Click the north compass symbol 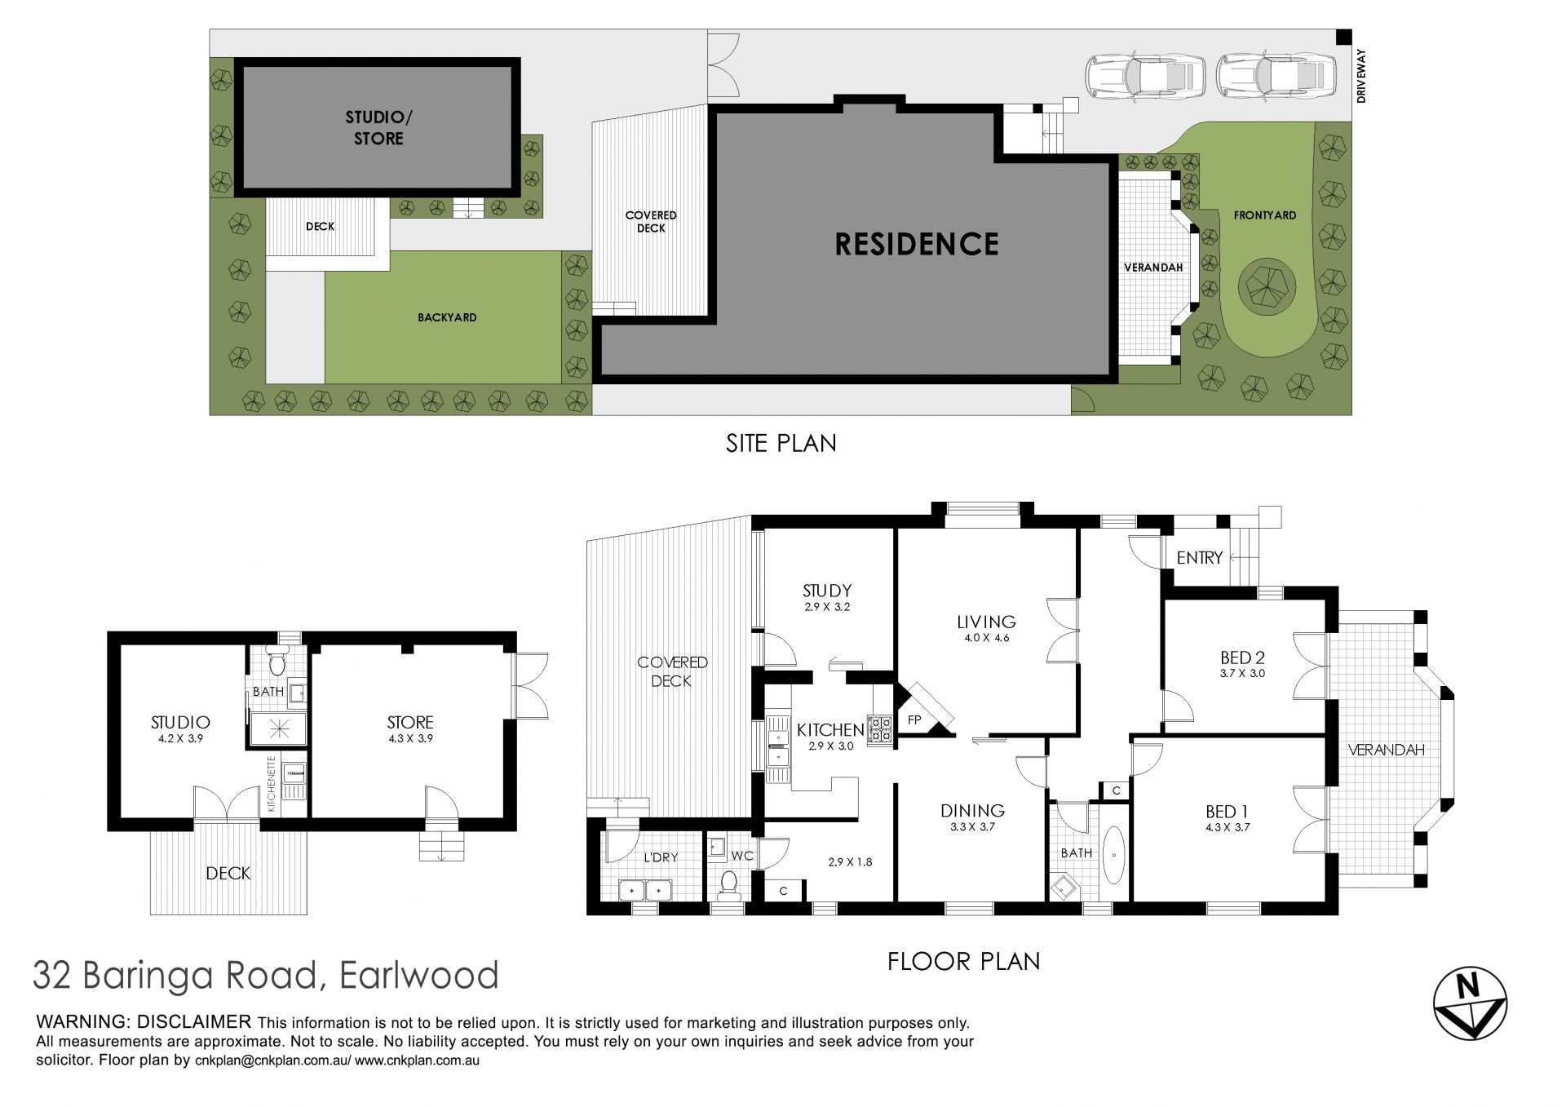tap(1470, 1003)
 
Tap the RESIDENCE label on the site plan tap(917, 244)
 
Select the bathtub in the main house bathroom tap(1113, 855)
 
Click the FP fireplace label tap(914, 720)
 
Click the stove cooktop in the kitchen tap(879, 729)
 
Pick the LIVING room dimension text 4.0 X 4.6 tap(986, 638)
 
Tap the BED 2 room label tap(1242, 658)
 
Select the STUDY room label tap(827, 591)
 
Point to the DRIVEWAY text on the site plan tap(1360, 76)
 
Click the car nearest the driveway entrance tap(1276, 76)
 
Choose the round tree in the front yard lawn tap(1267, 286)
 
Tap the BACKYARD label tap(447, 317)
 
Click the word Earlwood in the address tap(418, 975)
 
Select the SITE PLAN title tap(781, 443)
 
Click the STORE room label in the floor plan tap(410, 723)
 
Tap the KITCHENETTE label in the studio tap(272, 784)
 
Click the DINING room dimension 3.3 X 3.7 tap(972, 827)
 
